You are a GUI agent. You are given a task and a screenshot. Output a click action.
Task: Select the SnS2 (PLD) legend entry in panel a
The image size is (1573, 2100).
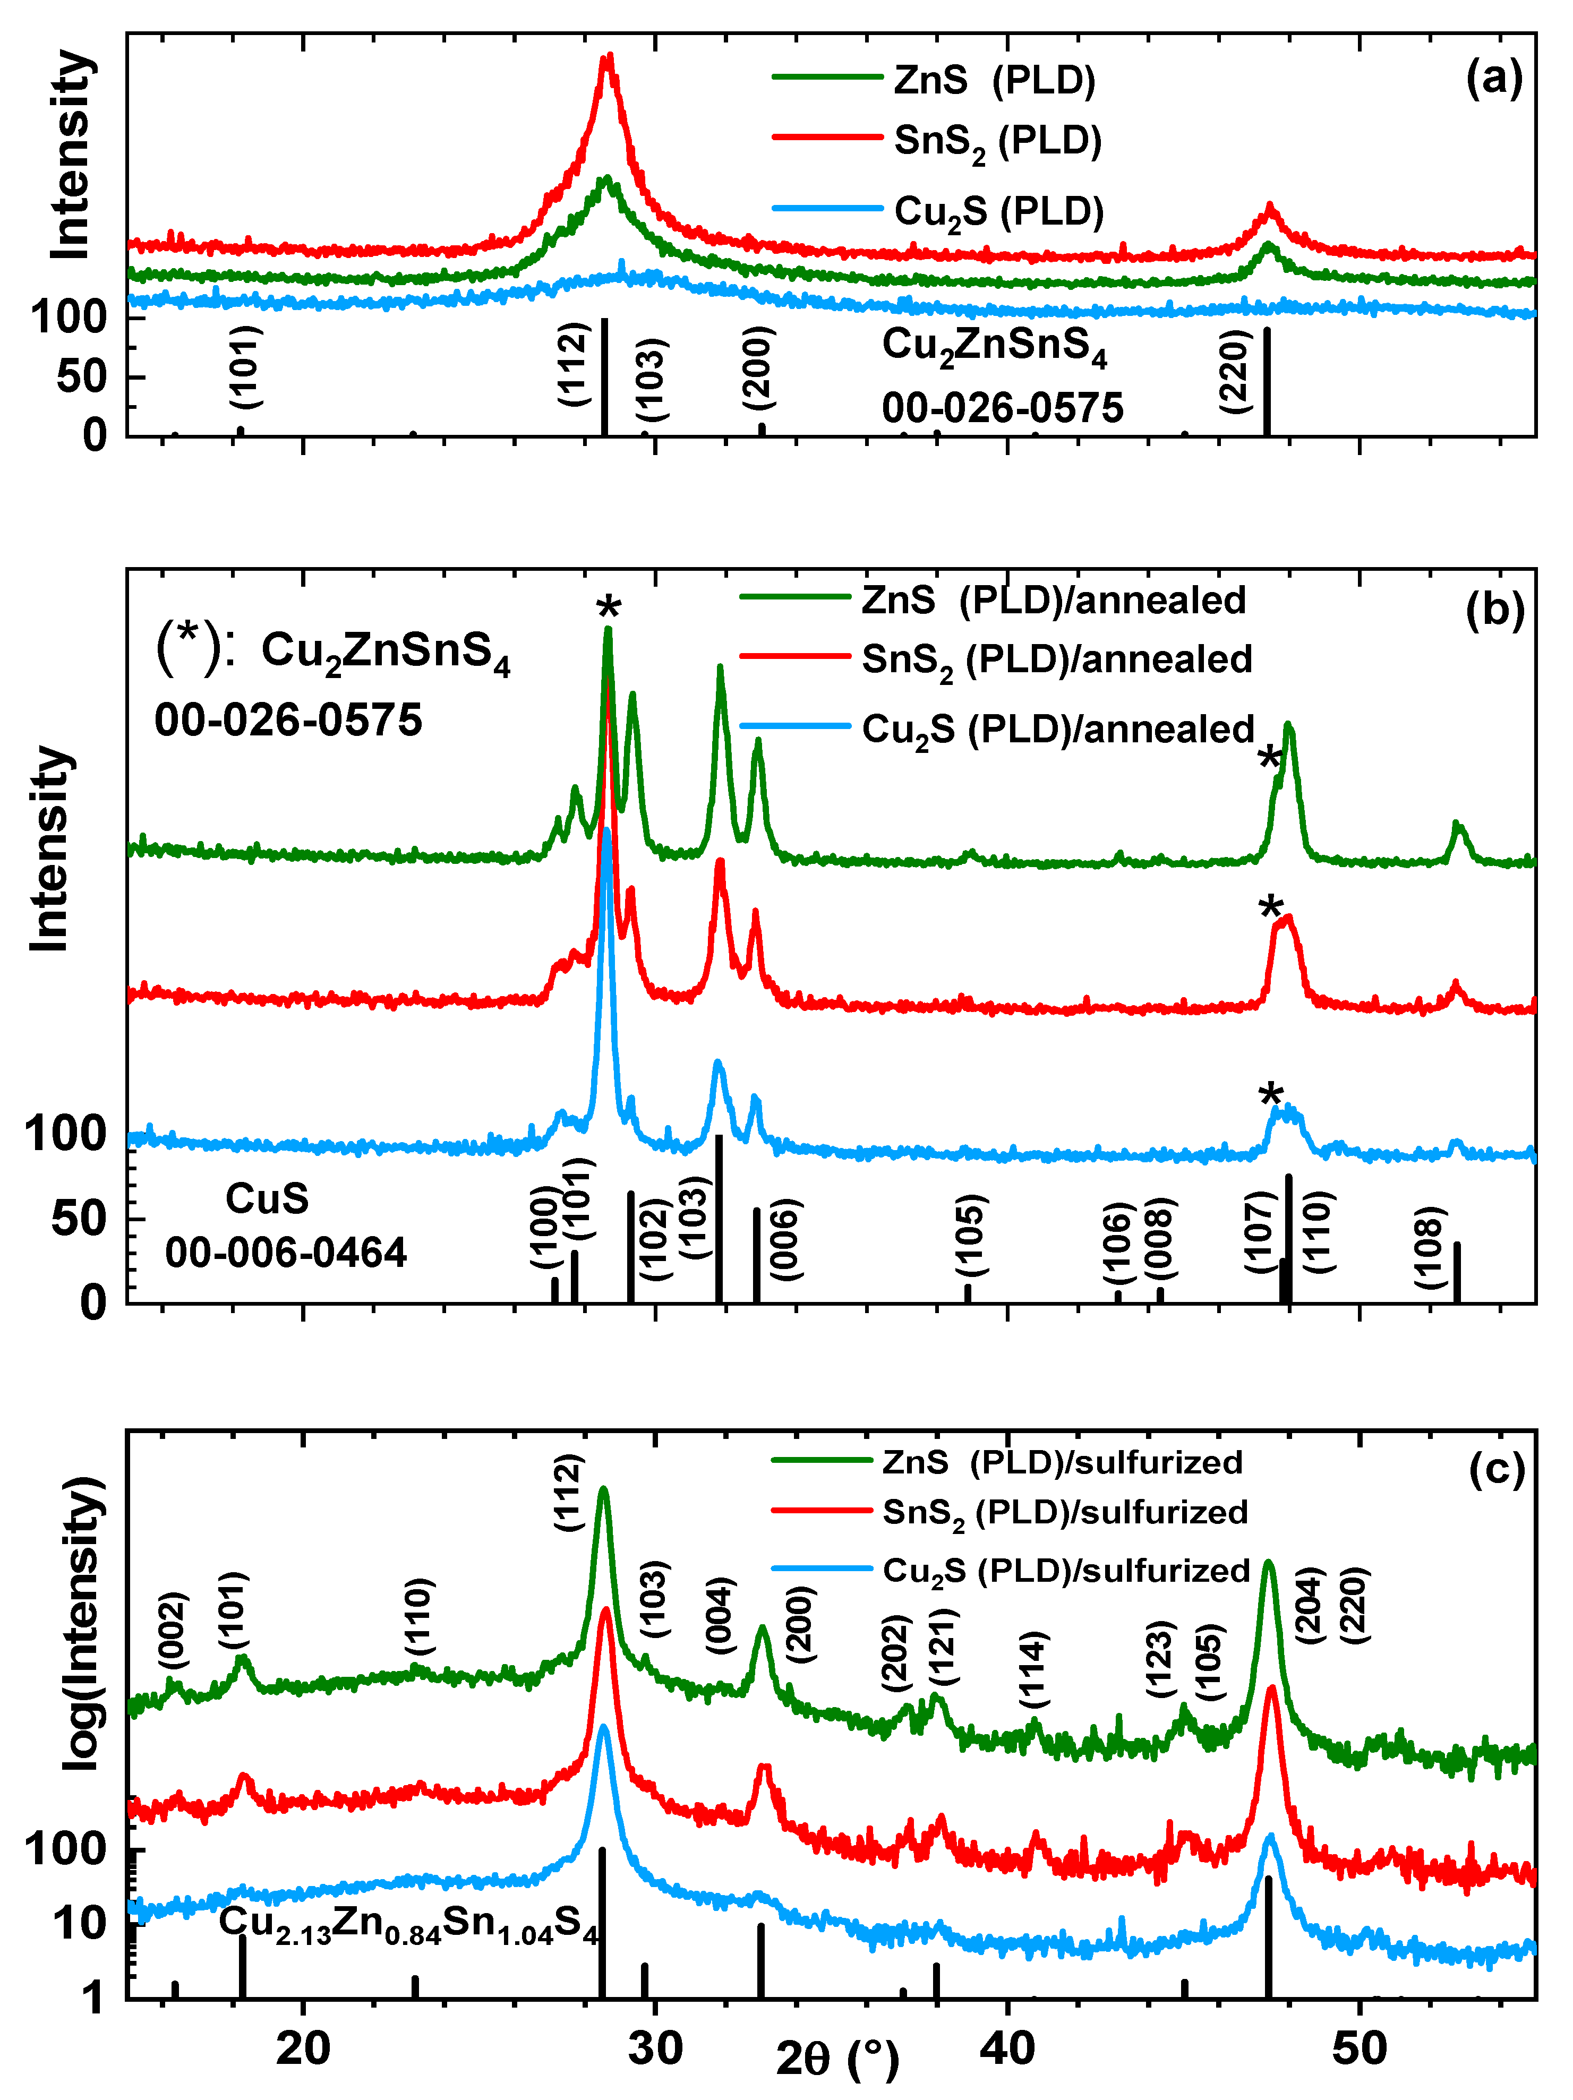(x=997, y=141)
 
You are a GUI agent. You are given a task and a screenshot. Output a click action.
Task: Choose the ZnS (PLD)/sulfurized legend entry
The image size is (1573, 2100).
(x=1062, y=1462)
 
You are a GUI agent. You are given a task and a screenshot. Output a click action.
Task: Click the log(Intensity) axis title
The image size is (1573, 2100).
(x=83, y=1623)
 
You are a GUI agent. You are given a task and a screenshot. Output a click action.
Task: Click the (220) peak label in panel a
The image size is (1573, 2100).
(x=1234, y=371)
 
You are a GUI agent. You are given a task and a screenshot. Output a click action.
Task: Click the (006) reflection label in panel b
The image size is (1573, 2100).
(x=785, y=1239)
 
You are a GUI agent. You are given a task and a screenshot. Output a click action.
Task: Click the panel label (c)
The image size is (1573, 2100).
(x=1495, y=1469)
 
